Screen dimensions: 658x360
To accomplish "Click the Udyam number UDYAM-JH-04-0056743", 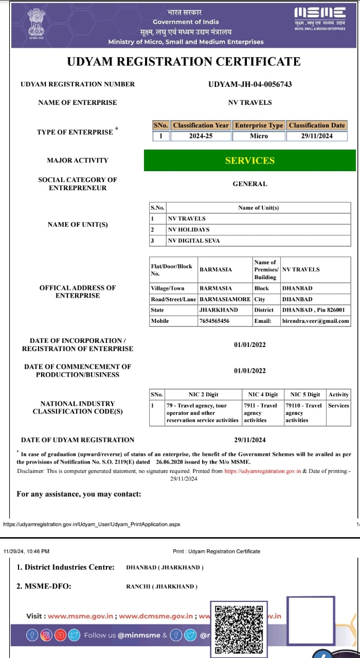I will point(250,84).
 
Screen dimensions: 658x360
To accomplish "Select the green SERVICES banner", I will point(250,160).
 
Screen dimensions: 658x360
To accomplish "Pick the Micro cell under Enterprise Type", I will point(259,136).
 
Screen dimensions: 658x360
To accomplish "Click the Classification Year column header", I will point(201,125).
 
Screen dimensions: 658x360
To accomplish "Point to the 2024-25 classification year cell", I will point(201,136).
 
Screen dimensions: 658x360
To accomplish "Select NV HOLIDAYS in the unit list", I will point(189,230).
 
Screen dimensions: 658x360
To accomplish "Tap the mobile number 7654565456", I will point(214,321).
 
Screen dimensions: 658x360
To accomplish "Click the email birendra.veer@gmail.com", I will point(315,321).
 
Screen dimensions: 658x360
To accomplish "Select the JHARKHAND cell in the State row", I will point(219,310).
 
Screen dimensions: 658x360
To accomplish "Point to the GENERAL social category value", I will point(250,184).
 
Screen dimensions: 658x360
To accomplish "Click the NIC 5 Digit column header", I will point(305,395).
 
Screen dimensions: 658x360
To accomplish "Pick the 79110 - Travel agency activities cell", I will point(303,413).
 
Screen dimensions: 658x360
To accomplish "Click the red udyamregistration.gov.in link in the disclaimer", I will point(262,471).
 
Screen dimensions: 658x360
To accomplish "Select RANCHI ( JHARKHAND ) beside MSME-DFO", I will point(161,587).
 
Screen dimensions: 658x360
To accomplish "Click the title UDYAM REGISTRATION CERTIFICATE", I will point(184,62).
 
